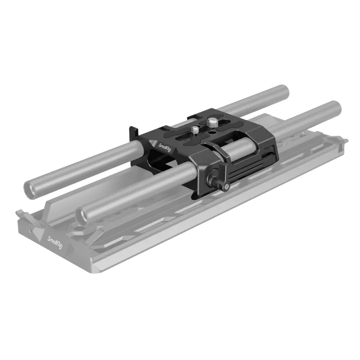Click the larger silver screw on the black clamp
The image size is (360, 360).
211,122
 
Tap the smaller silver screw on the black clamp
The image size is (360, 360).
195,129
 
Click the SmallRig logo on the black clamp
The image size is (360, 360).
165,148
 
